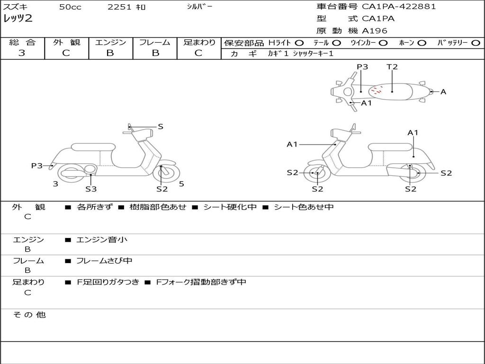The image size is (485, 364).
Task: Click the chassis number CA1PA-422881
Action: tap(399, 7)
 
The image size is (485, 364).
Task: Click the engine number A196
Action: tap(375, 31)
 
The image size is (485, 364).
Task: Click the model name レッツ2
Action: tap(18, 19)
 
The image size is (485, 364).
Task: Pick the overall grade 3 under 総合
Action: tap(22, 53)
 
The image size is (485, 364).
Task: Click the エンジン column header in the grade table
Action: tap(110, 42)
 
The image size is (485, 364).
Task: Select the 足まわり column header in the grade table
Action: tap(199, 42)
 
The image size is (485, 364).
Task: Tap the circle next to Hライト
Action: tap(299, 43)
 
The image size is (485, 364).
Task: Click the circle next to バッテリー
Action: tap(476, 43)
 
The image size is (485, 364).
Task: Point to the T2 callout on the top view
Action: tap(392, 67)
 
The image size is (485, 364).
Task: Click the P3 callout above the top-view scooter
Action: tap(362, 67)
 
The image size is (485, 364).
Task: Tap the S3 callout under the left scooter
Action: tap(91, 189)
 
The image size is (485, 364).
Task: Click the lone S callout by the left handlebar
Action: tap(161, 127)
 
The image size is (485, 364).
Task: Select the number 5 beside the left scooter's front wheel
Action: tap(181, 184)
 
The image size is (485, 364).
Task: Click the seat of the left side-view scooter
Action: tap(92, 147)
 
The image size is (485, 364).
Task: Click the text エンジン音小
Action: tap(102, 240)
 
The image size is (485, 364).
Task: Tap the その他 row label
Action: tap(29, 315)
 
